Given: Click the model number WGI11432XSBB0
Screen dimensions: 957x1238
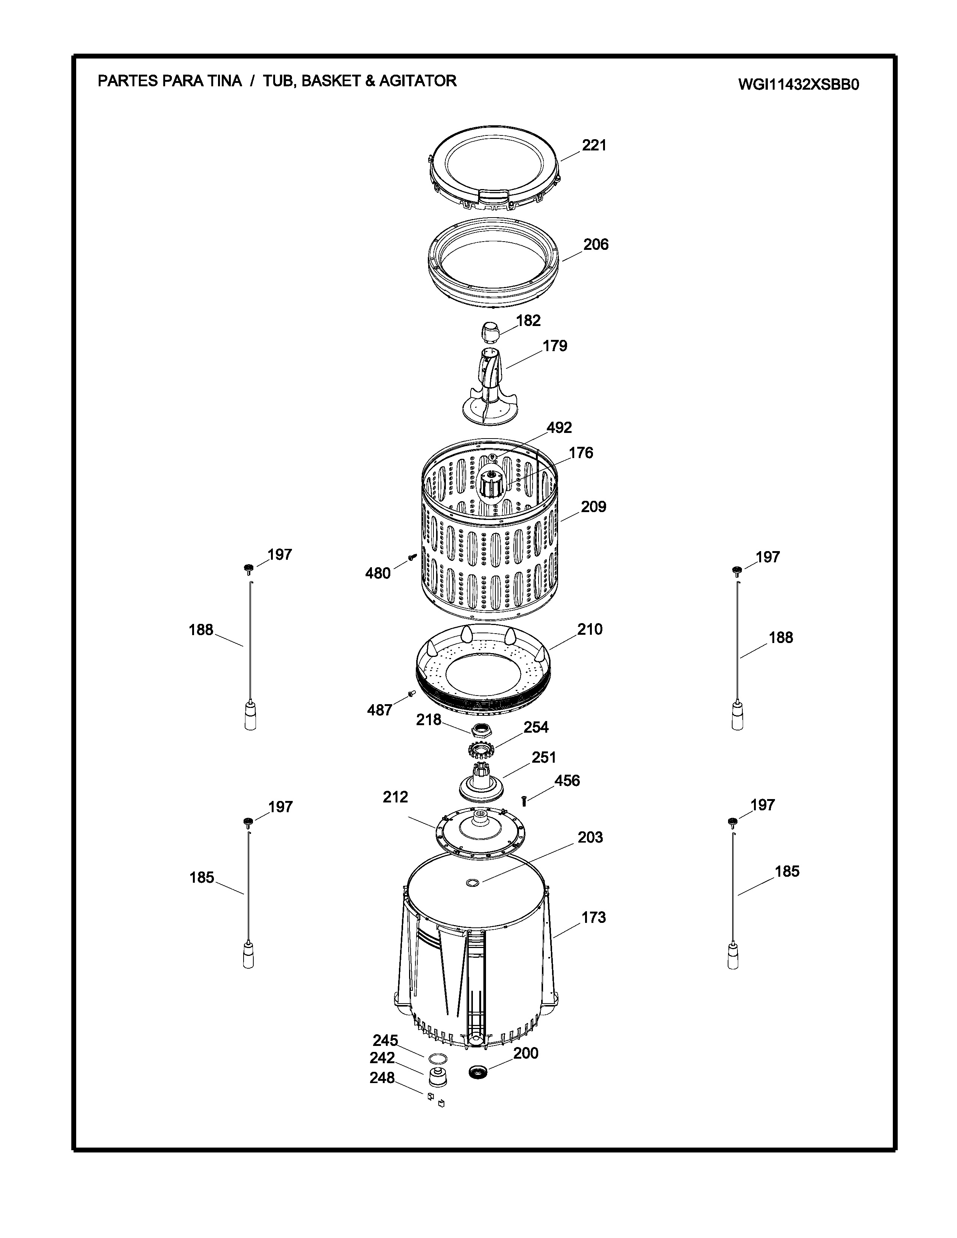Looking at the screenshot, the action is coord(798,84).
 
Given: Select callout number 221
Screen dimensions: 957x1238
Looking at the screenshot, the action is coord(594,146).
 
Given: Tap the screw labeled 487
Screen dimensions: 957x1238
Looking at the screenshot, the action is coord(412,694).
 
